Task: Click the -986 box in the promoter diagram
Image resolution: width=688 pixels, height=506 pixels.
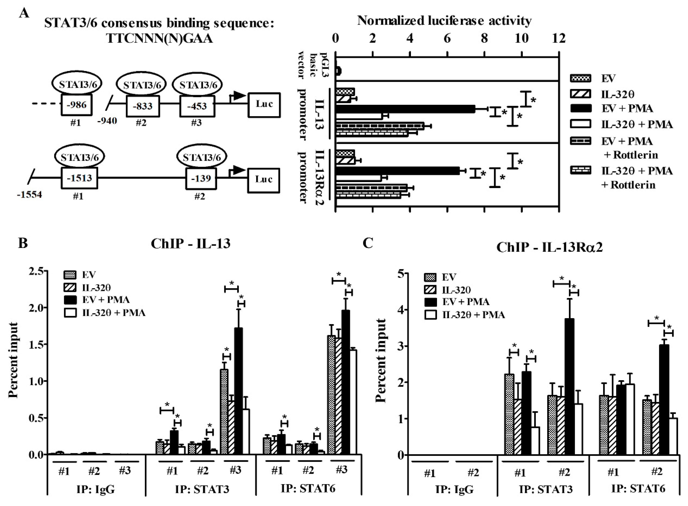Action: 77,105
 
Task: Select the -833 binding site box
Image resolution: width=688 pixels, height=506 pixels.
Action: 143,106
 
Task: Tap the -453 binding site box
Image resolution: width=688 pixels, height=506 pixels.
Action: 197,106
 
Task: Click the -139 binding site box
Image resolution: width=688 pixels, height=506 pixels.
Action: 201,178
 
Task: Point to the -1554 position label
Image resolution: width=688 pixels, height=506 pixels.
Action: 29,194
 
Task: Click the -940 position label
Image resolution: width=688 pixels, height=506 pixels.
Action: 107,121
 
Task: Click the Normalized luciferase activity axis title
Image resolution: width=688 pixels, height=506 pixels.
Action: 444,21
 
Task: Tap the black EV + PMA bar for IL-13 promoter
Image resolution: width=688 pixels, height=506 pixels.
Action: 405,109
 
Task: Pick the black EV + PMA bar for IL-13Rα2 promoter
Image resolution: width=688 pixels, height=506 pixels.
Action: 397,171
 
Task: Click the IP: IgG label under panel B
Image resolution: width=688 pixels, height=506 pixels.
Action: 95,489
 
